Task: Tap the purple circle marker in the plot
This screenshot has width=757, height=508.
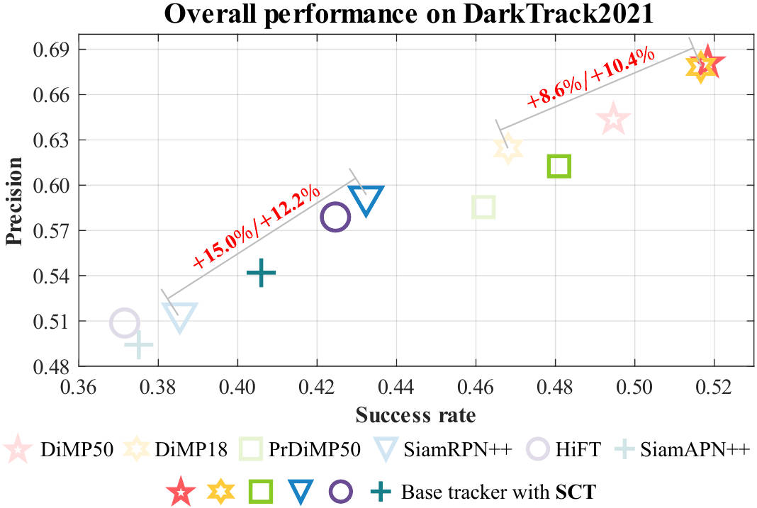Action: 335,217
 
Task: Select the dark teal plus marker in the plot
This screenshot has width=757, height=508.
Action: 261,273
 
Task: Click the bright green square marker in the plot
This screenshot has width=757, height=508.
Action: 559,166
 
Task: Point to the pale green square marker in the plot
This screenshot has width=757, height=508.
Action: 483,207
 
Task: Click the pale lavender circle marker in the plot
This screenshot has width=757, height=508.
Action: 125,323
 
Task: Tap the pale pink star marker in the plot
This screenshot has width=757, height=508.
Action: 614,119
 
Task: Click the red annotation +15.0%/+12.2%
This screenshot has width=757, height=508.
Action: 256,227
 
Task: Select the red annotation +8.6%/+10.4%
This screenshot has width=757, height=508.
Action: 591,77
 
